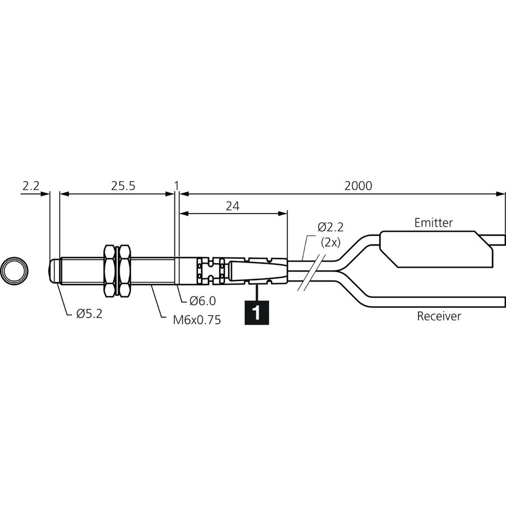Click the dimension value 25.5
coord(123,186)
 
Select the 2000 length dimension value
coord(358,186)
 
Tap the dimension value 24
coord(233,206)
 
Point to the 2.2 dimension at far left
coord(31,186)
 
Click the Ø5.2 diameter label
coord(89,314)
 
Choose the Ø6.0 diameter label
coord(202,301)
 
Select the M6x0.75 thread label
coord(197,320)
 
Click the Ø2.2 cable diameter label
coord(331,227)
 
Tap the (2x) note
coord(331,243)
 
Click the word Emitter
coord(433,223)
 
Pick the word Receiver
coord(439,316)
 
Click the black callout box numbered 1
coord(256,313)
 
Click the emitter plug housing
coord(436,249)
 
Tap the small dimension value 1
coord(176,186)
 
